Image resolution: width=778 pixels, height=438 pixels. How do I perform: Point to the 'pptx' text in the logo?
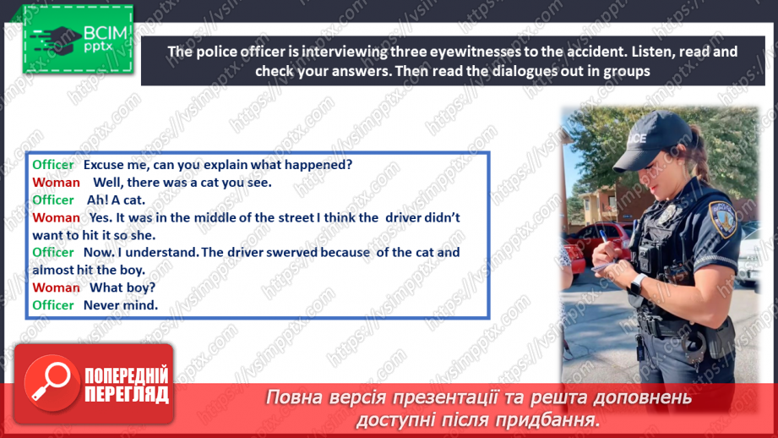[x=98, y=47]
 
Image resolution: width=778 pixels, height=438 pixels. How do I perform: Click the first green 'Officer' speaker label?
[x=53, y=165]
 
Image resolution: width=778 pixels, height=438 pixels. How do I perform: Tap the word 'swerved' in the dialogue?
[x=291, y=252]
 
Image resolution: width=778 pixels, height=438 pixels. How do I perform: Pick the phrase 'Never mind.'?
[x=121, y=305]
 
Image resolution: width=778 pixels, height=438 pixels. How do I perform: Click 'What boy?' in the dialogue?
[x=122, y=288]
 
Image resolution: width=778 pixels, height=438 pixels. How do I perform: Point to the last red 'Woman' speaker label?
[x=56, y=288]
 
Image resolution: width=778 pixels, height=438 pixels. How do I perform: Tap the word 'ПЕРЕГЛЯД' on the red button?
[x=127, y=395]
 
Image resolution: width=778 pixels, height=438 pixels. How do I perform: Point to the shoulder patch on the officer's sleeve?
[x=723, y=219]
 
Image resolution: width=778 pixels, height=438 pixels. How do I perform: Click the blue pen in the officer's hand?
[x=607, y=242]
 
